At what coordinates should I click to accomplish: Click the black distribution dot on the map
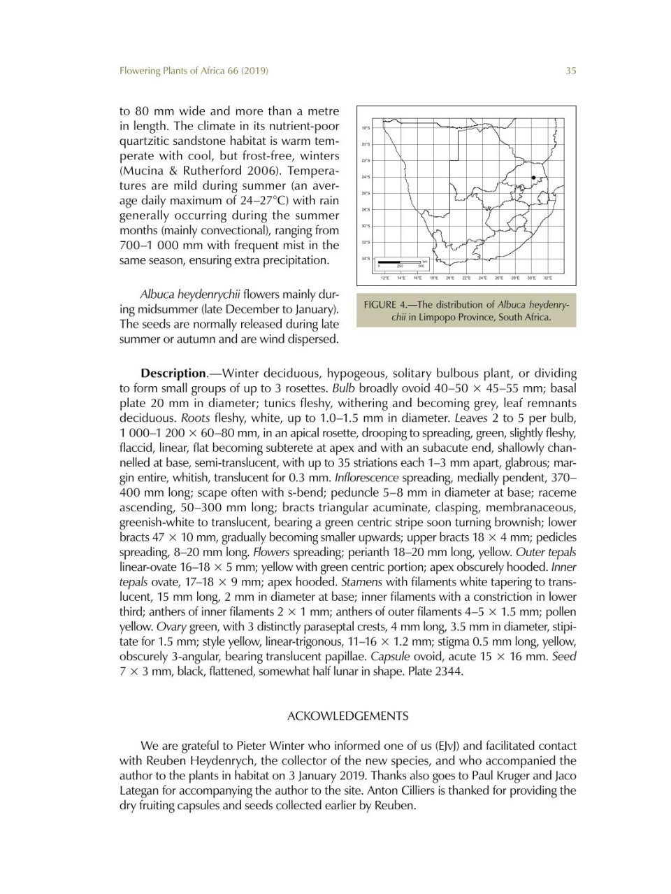(534, 178)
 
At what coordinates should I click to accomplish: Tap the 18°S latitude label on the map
(366, 129)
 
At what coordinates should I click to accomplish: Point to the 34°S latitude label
(366, 259)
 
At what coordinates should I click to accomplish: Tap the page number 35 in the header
(570, 71)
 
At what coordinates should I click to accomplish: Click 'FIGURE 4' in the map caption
(389, 305)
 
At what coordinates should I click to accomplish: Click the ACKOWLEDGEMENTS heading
(348, 716)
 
